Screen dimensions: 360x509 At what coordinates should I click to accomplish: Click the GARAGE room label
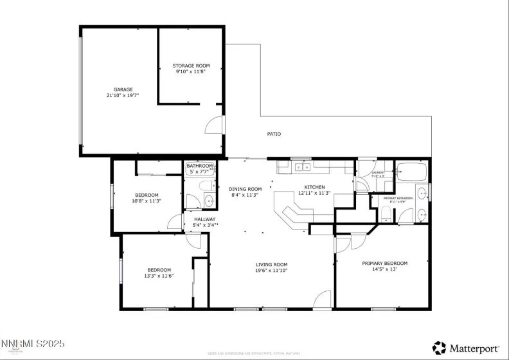coord(123,89)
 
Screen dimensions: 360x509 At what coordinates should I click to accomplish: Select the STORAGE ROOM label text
coord(191,66)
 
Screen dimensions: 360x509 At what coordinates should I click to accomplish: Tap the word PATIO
coord(274,134)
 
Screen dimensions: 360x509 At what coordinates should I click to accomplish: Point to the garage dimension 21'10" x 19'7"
coord(123,95)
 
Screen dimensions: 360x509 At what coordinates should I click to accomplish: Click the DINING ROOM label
coord(246,189)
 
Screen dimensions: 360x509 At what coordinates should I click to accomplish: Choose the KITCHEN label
coord(315,187)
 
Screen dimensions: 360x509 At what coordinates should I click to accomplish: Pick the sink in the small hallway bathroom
coord(209,201)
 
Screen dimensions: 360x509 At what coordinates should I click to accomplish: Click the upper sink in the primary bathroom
coord(422,192)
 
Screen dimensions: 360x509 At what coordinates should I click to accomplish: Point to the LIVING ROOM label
coord(271,264)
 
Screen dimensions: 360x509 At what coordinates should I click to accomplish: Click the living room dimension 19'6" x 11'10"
coord(271,271)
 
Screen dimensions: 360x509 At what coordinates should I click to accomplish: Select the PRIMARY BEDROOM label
coord(384,263)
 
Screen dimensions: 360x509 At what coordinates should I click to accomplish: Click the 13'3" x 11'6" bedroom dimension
coord(159,276)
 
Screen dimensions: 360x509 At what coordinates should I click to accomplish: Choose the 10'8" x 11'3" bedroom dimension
coord(147,201)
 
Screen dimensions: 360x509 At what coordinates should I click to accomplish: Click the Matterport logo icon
coord(440,347)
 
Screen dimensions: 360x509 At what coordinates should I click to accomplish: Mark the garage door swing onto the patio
coord(215,126)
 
